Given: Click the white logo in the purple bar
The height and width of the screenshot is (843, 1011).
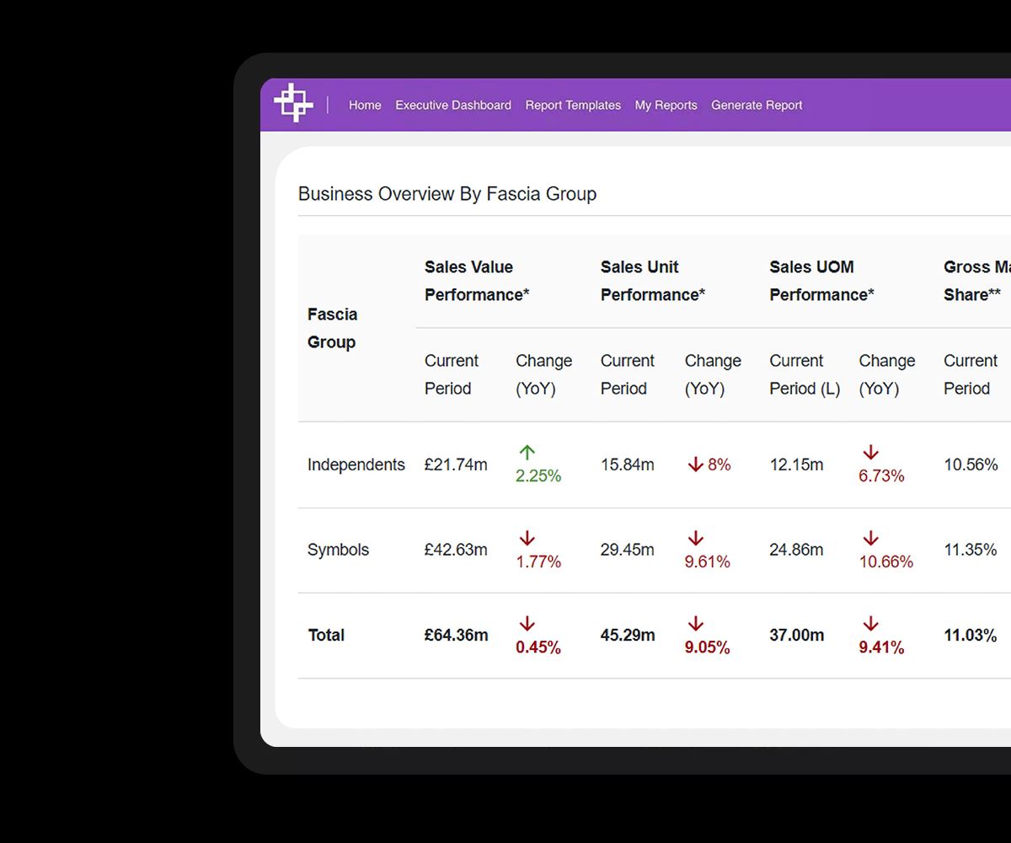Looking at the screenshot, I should coord(293,104).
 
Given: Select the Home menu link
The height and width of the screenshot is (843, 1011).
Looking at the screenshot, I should coord(365,105).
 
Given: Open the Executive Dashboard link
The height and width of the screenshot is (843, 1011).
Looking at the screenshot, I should coord(453,105).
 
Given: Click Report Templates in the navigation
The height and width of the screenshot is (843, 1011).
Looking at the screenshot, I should coord(573,105).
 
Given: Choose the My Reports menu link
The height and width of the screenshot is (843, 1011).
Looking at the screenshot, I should coord(666,105).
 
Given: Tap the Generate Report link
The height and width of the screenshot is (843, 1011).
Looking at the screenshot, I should coord(757,105).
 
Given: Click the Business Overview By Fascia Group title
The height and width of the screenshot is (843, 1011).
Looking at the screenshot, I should coord(447,194).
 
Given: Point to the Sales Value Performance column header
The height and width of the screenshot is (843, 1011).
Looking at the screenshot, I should coord(477,281).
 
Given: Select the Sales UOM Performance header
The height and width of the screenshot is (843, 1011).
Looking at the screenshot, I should coord(821,281).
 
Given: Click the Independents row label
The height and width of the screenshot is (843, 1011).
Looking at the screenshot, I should coord(356,464).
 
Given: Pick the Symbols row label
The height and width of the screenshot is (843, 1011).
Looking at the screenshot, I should coord(338,550).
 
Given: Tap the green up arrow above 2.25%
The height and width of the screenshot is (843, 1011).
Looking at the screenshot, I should coord(527,453).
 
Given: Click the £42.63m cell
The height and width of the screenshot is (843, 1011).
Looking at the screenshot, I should coord(456,550).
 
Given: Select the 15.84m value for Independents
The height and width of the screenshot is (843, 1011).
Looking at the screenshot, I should coord(627,464).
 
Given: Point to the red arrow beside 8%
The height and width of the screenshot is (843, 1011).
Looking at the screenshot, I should coord(695,464).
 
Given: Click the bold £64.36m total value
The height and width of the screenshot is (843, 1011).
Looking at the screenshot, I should coord(456,636).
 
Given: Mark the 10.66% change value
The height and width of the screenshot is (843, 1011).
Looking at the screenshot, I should coord(885,561).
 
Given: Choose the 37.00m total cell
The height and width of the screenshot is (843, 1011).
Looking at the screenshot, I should coord(796,636).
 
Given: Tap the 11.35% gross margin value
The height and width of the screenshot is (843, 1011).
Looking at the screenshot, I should coord(971,550).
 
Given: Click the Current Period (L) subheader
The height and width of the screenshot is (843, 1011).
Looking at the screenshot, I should coord(805,374).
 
